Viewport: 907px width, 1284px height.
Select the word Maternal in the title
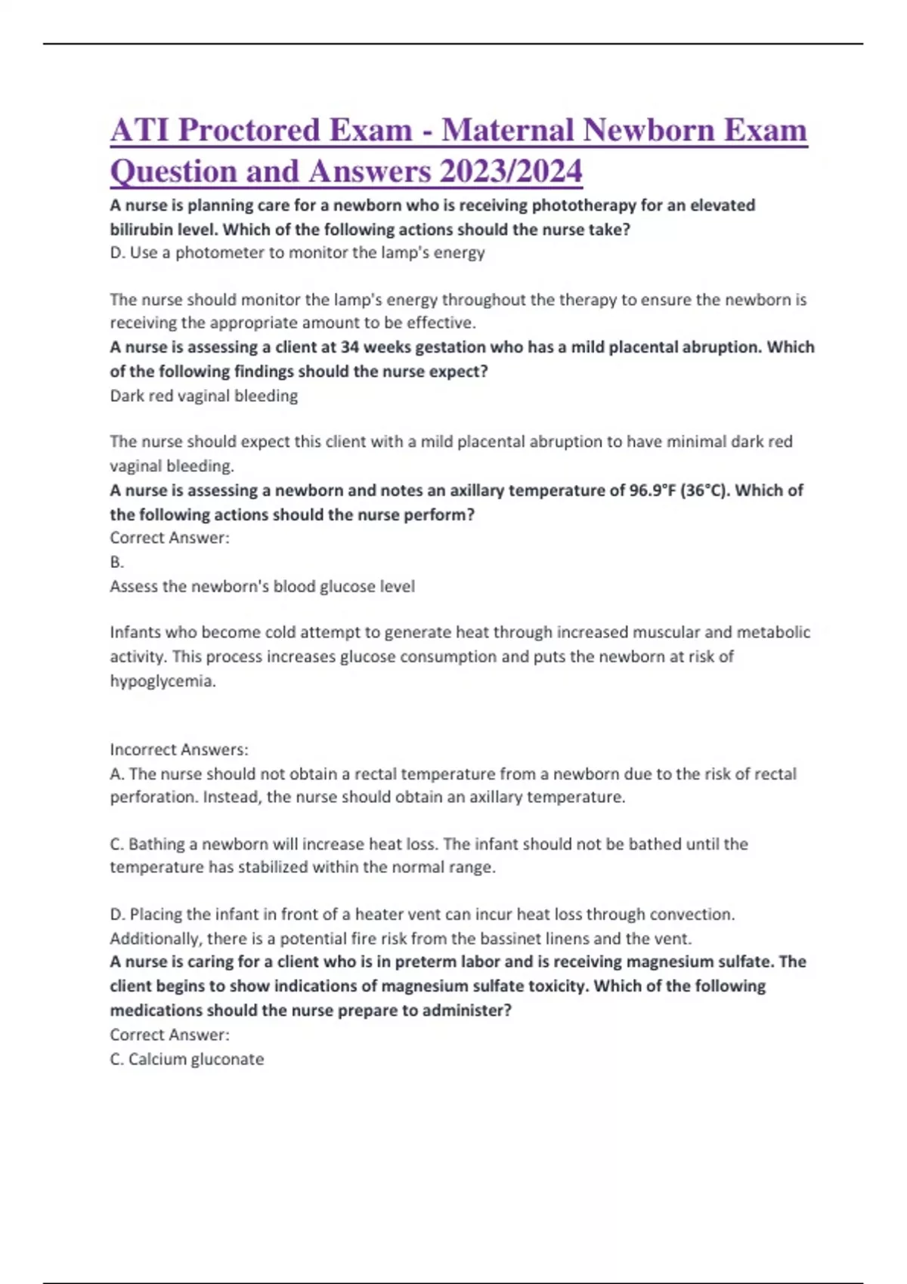(507, 130)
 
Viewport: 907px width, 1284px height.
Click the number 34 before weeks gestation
(350, 347)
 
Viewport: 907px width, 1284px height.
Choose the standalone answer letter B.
(116, 562)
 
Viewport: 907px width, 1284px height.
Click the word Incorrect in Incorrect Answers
(143, 750)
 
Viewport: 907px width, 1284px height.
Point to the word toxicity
(543, 986)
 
